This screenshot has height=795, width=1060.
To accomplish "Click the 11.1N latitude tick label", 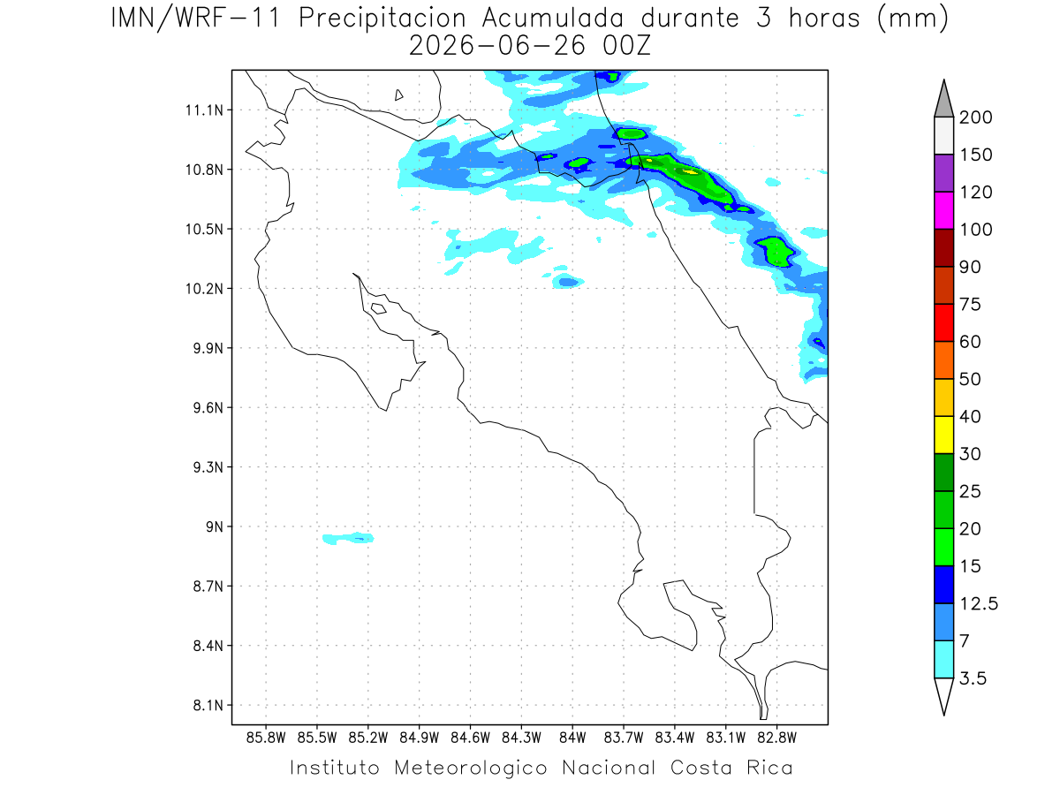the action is click(204, 110).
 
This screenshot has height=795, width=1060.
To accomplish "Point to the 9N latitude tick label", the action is click(215, 526).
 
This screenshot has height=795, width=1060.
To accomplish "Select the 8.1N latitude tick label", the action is click(208, 705).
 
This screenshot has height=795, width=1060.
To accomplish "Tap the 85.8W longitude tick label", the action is click(266, 738).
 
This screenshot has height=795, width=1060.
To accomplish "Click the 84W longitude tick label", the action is click(572, 738).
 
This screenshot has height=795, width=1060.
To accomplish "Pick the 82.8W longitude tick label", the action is click(776, 738).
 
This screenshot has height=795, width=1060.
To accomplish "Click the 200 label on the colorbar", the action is click(975, 117).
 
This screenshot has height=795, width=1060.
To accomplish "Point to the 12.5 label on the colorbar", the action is click(979, 603).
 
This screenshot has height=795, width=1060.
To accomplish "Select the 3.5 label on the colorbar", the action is click(973, 678).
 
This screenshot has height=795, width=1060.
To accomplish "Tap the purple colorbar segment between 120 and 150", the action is click(943, 173).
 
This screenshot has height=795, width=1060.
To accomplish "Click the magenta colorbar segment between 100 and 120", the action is click(943, 210).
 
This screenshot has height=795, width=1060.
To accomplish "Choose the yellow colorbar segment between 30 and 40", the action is click(943, 435).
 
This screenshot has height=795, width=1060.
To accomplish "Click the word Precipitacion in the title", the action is click(382, 19).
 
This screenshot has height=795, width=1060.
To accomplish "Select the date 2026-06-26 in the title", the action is click(497, 46).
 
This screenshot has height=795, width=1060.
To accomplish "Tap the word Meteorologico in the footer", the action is click(470, 768).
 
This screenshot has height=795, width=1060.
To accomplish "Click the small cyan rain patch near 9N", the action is click(348, 538).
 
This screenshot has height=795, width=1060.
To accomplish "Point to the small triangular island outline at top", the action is click(398, 95).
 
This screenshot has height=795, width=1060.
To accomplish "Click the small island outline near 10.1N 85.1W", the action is click(379, 308).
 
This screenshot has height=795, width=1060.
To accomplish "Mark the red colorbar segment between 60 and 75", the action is click(943, 322).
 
